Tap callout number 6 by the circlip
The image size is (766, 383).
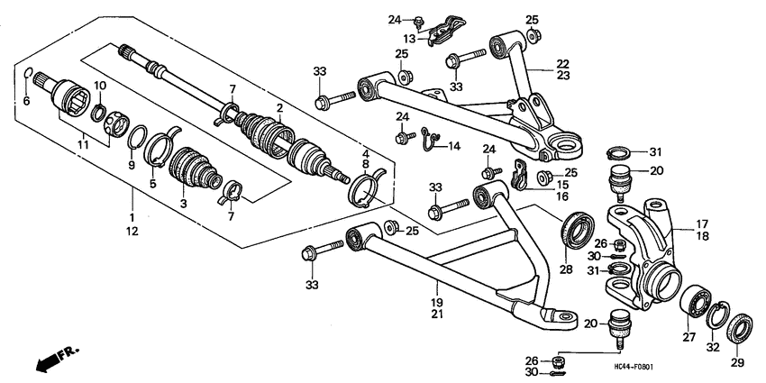[26, 101]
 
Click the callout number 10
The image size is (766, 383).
[101, 86]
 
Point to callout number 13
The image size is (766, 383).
[410, 39]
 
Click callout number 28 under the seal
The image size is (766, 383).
[566, 269]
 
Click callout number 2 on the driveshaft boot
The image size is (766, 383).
[279, 107]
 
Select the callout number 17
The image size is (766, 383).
[701, 224]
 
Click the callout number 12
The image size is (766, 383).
[132, 232]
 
